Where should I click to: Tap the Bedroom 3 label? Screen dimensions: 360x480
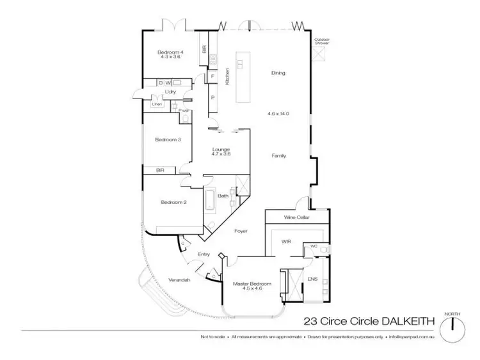(167, 139)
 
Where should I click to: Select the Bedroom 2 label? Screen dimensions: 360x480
(173, 202)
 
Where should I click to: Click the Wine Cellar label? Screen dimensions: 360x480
(298, 217)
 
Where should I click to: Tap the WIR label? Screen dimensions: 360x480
(286, 241)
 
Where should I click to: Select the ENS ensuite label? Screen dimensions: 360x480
(313, 279)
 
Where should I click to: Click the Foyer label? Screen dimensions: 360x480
(241, 230)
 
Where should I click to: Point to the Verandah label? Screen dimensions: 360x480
(179, 279)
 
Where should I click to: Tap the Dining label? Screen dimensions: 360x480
(278, 73)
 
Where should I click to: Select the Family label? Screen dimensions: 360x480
(278, 155)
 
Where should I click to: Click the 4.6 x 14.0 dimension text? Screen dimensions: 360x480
(278, 113)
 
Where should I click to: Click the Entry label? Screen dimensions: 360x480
(204, 254)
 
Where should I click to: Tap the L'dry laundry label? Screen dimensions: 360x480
(170, 92)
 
